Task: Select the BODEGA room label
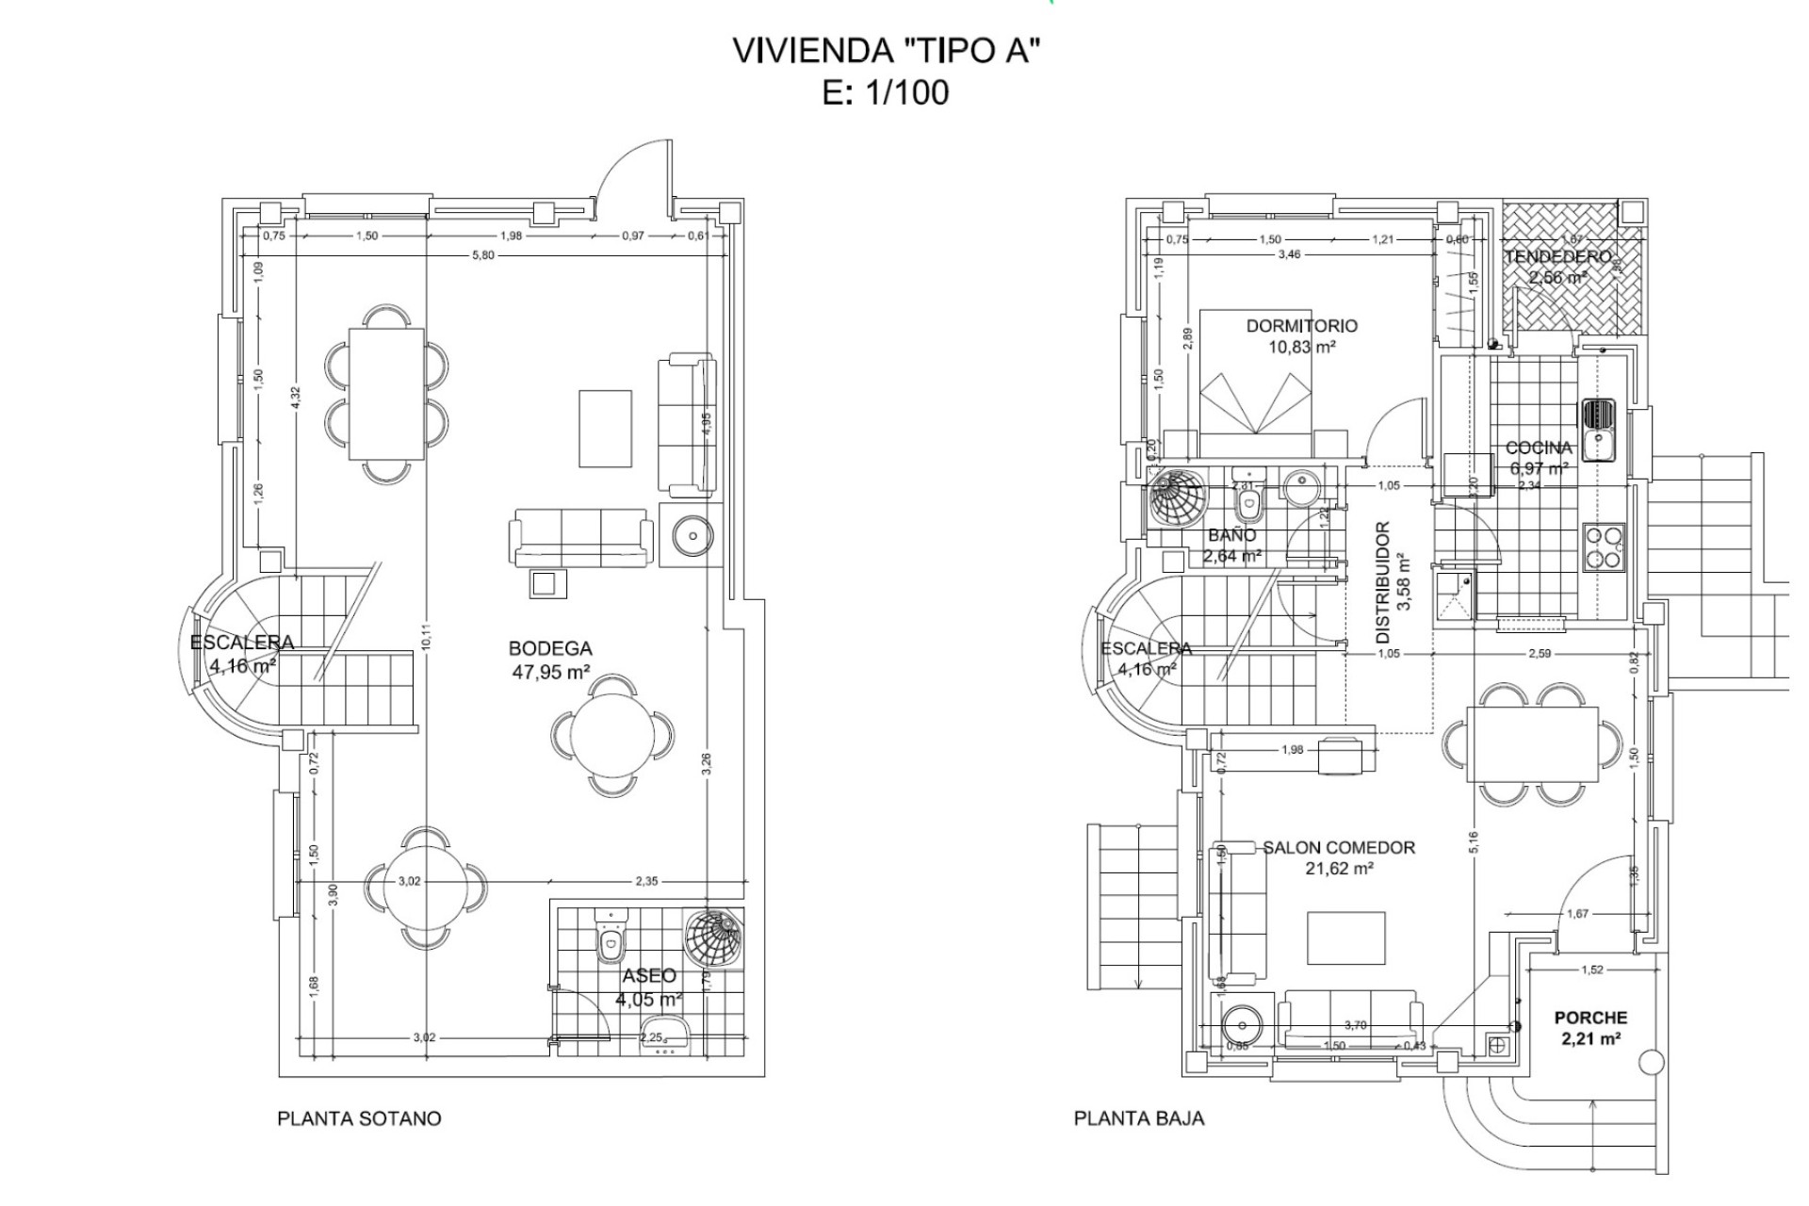[550, 649]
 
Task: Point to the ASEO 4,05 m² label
[649, 987]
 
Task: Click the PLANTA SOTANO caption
[359, 1118]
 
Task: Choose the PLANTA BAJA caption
[1139, 1118]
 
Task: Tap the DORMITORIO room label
[1301, 326]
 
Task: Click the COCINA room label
[1539, 448]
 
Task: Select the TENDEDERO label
[1557, 257]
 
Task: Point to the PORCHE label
[1590, 1018]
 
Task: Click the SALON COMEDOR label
[1339, 848]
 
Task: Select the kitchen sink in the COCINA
[1598, 430]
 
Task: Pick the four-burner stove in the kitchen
[1604, 548]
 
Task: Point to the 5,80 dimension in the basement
[482, 256]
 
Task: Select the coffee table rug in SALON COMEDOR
[1345, 937]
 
